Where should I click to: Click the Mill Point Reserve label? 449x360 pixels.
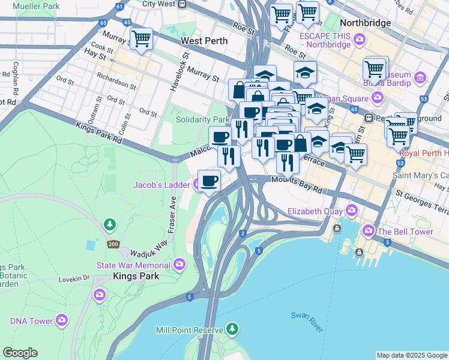(189, 329)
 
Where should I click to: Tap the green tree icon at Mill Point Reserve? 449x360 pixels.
(232, 329)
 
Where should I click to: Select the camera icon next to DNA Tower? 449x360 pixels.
(62, 321)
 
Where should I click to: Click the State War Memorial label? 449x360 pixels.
(134, 265)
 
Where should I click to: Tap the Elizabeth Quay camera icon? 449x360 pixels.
(352, 211)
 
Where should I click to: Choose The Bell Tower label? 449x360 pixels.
(405, 230)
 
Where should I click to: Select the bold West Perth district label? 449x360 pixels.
(204, 41)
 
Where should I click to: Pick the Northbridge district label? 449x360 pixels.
(365, 23)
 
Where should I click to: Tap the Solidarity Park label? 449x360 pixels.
(202, 120)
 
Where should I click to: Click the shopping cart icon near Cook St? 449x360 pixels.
(141, 40)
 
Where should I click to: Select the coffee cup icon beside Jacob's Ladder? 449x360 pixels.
(209, 180)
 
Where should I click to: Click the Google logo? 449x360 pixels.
(20, 353)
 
